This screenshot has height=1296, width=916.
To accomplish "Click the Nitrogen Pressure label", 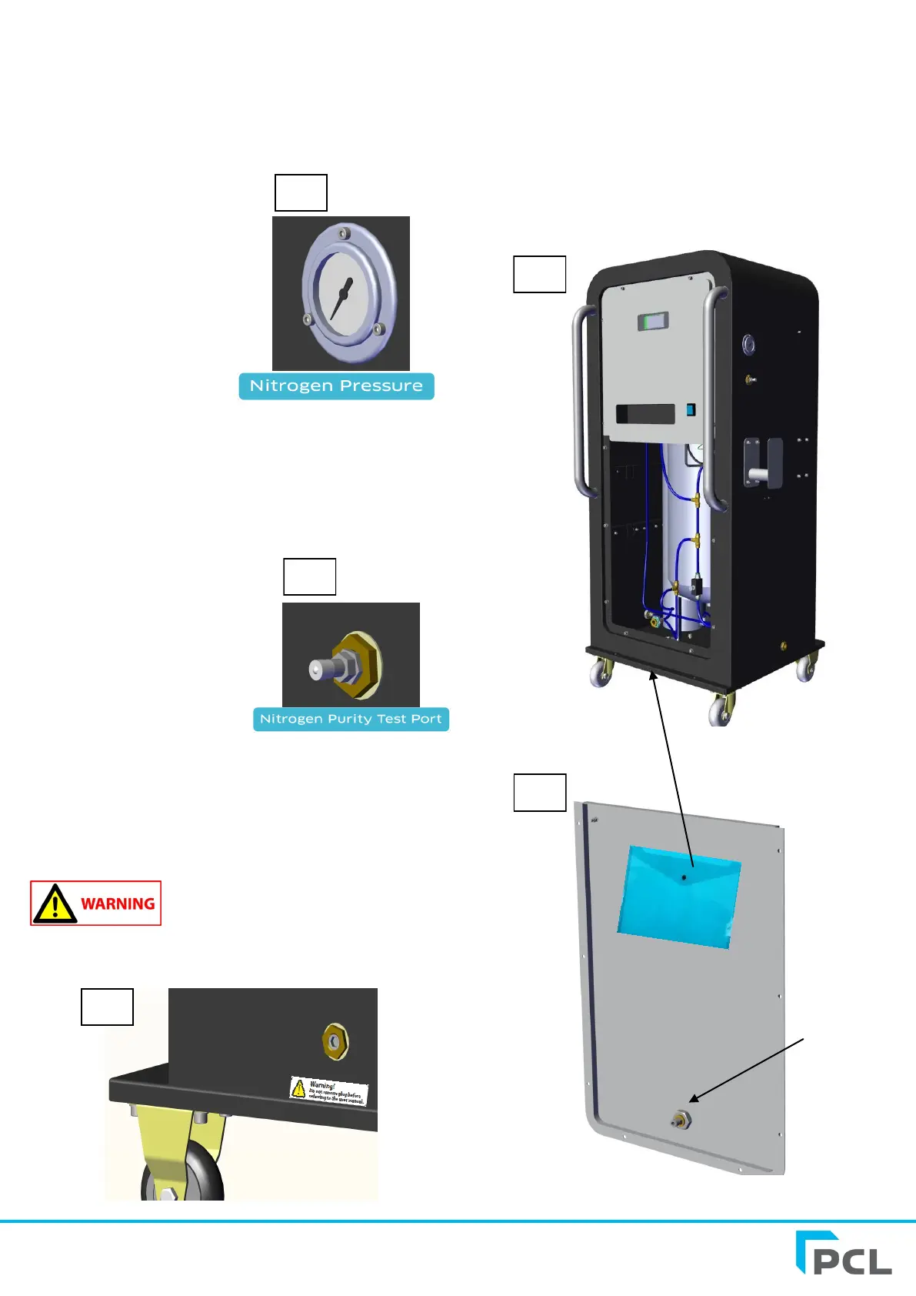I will [x=336, y=386].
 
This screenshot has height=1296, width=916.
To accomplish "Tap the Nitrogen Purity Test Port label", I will [x=351, y=719].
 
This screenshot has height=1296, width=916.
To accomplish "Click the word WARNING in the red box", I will [x=118, y=904].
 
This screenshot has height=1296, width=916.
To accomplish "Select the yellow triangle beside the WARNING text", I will [x=55, y=904].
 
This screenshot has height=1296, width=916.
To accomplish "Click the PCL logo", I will [x=844, y=1254].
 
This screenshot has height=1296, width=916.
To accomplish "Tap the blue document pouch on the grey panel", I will [x=678, y=897].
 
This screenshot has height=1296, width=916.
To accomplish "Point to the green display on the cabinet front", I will [x=652, y=321].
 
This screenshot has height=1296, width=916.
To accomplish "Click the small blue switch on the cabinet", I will [x=691, y=410].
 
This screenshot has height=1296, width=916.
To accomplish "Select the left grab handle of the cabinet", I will [x=581, y=400].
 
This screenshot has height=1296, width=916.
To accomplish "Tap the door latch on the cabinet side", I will [x=761, y=463].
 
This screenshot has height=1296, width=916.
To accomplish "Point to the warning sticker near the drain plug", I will [x=329, y=1091].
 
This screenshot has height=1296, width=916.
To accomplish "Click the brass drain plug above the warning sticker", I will [x=335, y=1041].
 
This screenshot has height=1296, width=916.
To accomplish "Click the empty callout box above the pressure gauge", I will [x=301, y=192].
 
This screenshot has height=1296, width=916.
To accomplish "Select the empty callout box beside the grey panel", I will [x=539, y=793].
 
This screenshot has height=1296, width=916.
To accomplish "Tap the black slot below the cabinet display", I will [x=645, y=414].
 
